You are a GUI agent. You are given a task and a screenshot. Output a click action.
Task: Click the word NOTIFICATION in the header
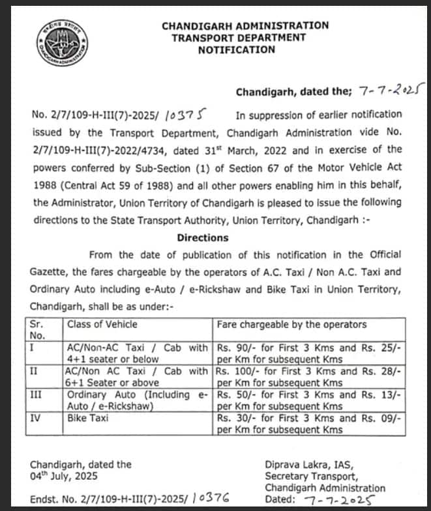237,49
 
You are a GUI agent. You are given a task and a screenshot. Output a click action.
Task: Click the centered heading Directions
203,238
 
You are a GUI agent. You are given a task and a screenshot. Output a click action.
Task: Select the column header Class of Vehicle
102,324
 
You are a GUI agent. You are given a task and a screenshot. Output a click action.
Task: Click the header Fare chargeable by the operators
291,324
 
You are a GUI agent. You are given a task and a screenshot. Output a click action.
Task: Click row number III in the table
37,395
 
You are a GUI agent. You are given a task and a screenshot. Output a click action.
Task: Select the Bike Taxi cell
88,419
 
